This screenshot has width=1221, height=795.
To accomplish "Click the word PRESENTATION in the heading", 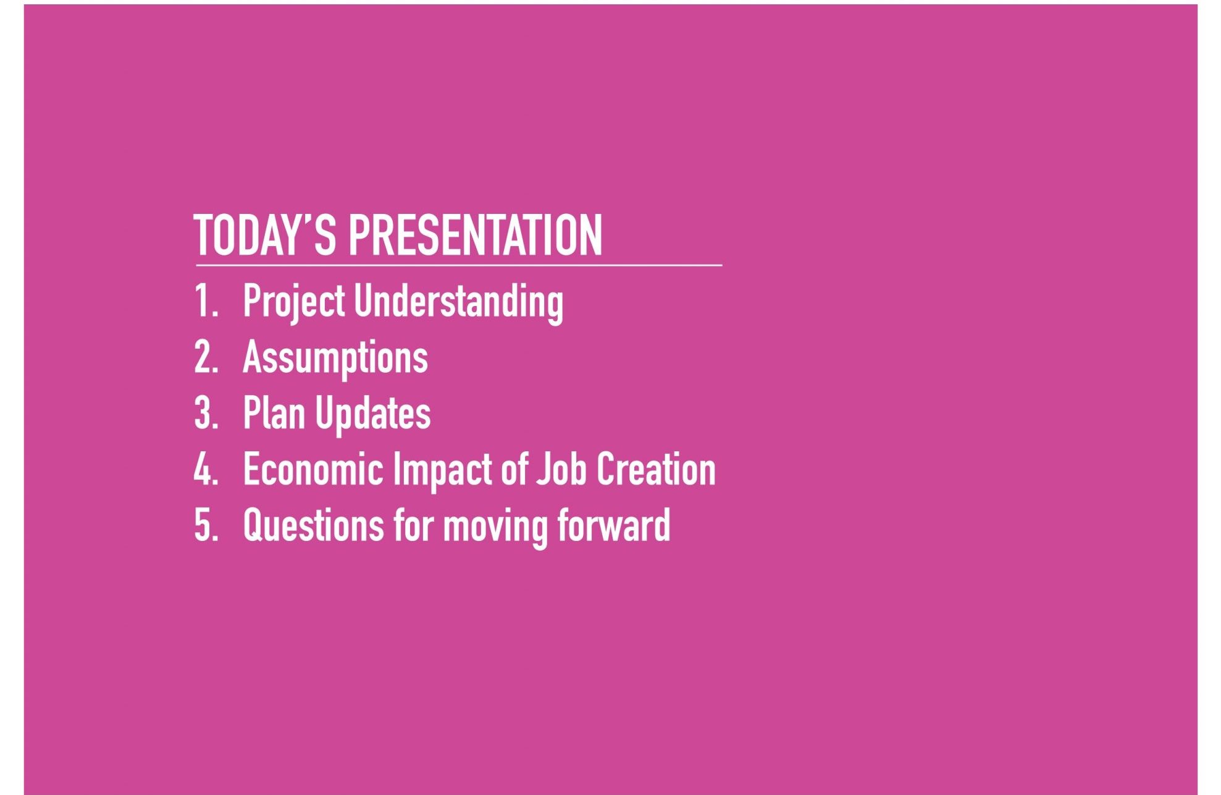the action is click(476, 235).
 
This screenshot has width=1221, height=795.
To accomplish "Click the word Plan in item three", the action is click(274, 413).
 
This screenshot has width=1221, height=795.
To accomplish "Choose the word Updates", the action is click(373, 414).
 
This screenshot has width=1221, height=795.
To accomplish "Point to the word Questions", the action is click(313, 525).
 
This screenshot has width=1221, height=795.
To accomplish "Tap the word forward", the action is click(614, 525).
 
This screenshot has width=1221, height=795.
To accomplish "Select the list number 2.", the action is click(206, 357).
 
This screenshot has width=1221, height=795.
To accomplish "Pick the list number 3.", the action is click(206, 413).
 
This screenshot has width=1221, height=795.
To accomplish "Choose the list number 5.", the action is click(206, 525).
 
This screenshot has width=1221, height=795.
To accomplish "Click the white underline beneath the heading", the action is click(459, 265).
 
